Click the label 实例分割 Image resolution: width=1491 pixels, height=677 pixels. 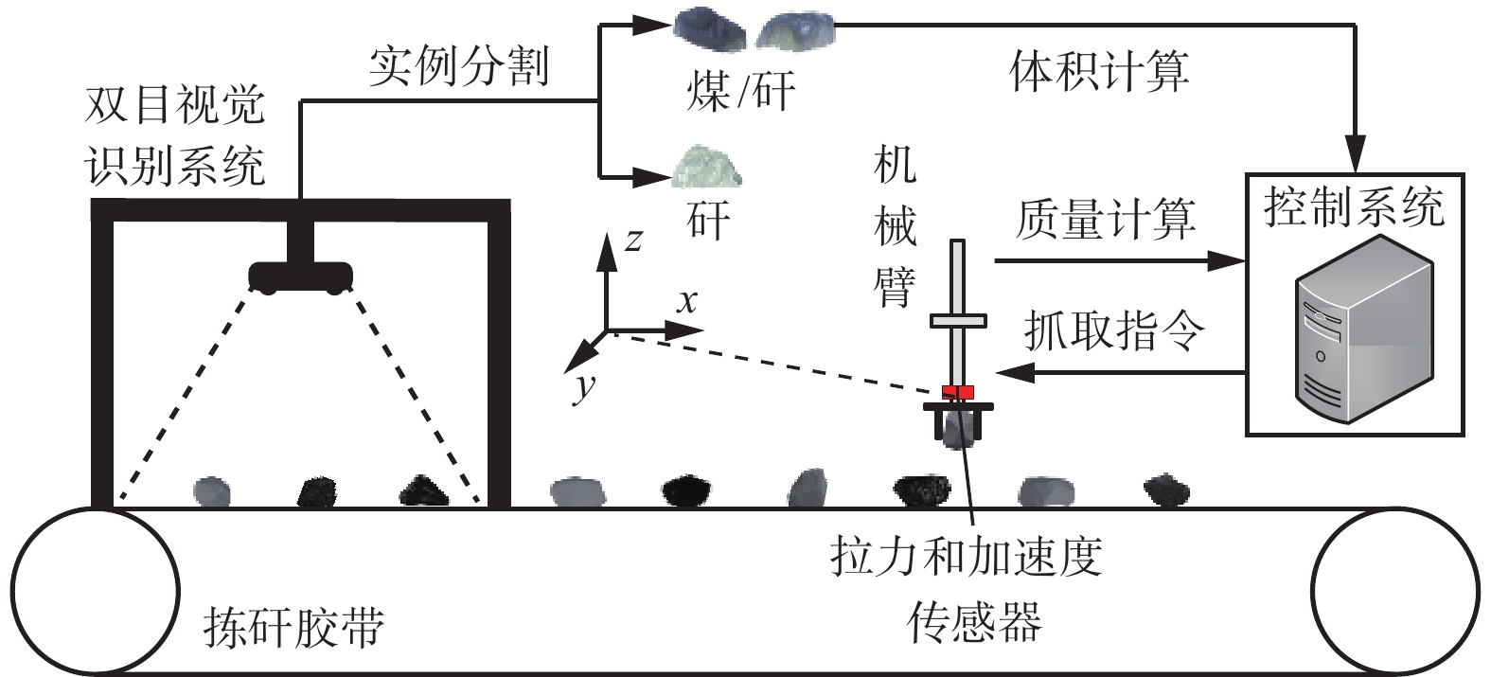[458, 65]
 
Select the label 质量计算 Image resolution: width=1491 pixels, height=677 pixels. [1105, 218]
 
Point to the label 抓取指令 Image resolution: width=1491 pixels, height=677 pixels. [1113, 330]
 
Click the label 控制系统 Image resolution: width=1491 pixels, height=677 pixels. [1354, 206]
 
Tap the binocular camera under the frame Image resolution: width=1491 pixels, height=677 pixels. [300, 276]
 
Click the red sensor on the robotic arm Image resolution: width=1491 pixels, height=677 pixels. [958, 392]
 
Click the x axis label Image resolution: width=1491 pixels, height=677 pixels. [686, 301]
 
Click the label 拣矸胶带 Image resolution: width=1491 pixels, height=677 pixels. [293, 627]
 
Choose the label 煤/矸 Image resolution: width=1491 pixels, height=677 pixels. [740, 91]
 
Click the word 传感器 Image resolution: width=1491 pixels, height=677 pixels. [974, 622]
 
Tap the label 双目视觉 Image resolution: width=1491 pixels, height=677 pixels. [174, 105]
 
